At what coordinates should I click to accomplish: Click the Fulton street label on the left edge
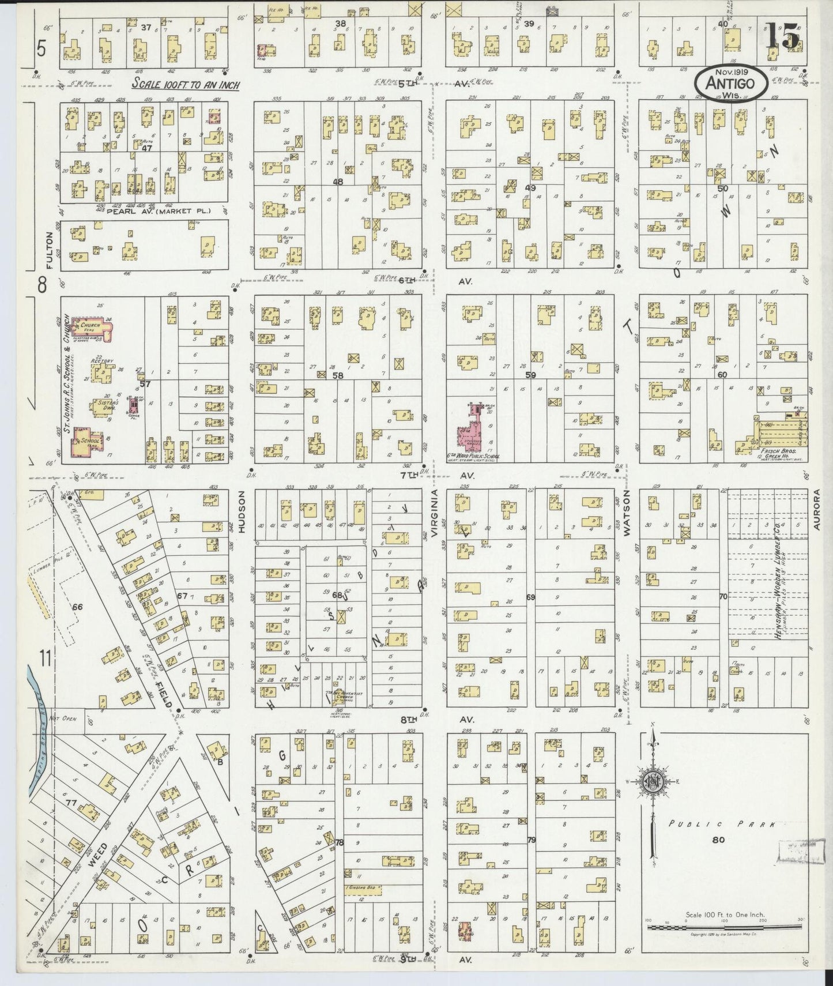(x=50, y=250)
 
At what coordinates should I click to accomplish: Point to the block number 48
(x=338, y=182)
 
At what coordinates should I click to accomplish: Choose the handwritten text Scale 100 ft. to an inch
(x=186, y=84)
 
